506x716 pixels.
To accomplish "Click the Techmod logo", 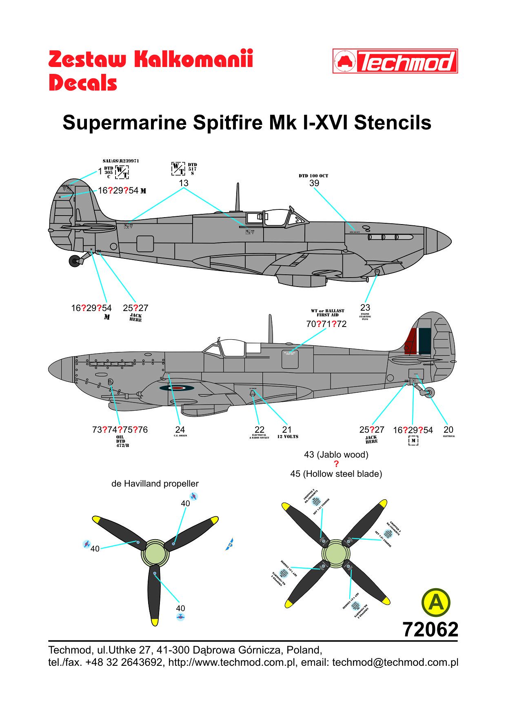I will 395,61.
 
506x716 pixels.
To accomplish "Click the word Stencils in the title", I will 393,122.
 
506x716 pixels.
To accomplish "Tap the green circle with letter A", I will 436,603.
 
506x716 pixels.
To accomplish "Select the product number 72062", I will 430,629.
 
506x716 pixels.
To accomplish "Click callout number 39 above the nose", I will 314,183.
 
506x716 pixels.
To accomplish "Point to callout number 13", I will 184,183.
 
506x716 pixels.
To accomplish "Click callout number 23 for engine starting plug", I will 365,307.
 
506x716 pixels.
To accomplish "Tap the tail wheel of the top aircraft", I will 75,261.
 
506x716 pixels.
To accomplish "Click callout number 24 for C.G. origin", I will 180,429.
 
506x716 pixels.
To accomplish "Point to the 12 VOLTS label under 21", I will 288,437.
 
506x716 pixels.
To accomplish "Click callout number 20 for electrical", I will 448,429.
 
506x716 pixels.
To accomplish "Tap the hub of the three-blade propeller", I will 155,553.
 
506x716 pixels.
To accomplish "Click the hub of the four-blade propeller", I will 336,553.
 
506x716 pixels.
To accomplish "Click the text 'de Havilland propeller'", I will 155,484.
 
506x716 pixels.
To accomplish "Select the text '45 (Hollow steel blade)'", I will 336,474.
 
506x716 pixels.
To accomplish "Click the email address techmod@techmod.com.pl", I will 395,662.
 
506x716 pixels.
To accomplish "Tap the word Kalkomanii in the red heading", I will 193,60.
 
